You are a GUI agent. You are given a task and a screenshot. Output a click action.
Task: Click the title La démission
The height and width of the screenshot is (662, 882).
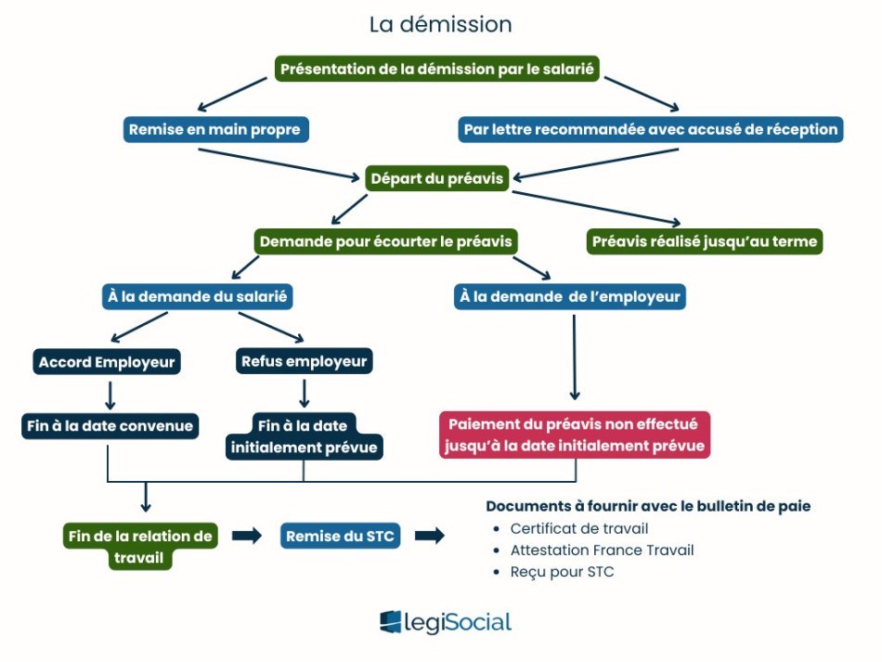(440, 24)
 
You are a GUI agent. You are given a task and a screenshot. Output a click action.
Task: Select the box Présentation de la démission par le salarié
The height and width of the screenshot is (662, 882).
(436, 68)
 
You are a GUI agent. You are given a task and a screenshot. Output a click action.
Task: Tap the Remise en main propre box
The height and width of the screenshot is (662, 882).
(215, 129)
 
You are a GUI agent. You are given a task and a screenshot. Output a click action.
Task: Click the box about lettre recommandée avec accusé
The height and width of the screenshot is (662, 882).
(651, 129)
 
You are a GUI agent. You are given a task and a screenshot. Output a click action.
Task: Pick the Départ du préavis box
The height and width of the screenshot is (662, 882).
(435, 178)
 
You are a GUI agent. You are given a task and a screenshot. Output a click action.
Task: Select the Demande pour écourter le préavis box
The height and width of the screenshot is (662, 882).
(385, 241)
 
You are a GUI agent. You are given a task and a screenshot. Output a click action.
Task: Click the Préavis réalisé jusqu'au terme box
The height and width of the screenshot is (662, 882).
(705, 241)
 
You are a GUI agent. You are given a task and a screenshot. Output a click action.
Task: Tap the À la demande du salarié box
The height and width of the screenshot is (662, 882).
(198, 297)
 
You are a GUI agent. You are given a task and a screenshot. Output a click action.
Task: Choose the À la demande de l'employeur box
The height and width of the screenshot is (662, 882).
(570, 297)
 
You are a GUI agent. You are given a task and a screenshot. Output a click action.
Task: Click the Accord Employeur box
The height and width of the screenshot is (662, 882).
(108, 360)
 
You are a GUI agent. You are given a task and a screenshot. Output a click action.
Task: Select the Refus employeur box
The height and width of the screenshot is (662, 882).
(304, 360)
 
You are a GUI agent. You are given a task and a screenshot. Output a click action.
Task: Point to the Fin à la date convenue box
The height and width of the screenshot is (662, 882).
(109, 426)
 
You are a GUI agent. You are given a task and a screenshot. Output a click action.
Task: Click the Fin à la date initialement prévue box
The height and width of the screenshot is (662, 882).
(305, 435)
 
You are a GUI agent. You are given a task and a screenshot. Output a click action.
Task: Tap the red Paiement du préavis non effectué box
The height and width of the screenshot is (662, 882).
(575, 435)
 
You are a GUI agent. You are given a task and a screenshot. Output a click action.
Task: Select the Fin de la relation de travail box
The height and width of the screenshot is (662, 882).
(139, 546)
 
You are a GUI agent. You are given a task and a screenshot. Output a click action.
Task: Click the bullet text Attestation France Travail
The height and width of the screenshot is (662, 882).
(602, 550)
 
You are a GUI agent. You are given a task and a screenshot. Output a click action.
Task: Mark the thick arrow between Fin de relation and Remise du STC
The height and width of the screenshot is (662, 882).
(246, 536)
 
